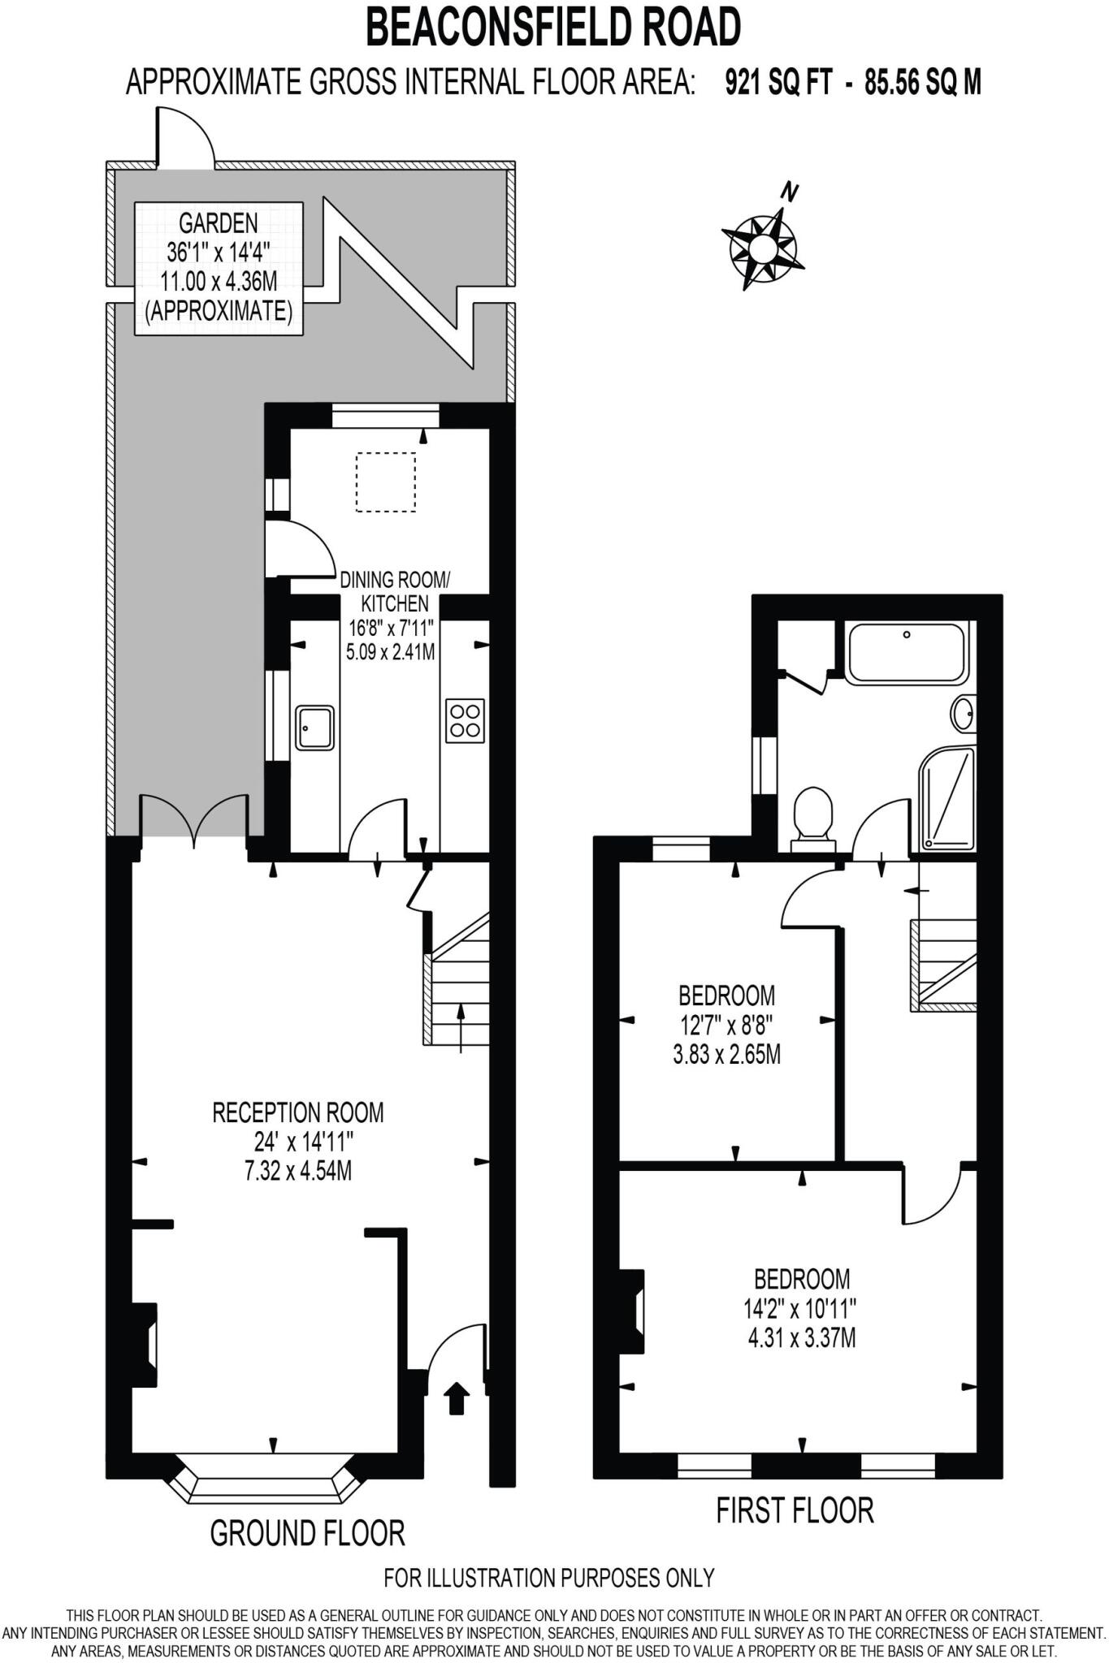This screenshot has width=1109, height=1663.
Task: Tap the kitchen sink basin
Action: [314, 727]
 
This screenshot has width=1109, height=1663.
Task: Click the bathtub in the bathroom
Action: [907, 651]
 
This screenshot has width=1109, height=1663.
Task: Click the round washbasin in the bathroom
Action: [964, 714]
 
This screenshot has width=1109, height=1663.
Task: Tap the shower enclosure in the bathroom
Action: [947, 800]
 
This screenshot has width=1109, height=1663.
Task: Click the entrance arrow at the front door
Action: [457, 1399]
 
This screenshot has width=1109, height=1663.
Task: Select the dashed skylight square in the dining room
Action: [385, 482]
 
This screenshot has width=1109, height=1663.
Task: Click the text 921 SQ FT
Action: [778, 82]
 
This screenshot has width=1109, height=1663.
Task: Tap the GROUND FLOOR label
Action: [307, 1532]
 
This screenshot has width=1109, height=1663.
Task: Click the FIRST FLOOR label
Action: [795, 1510]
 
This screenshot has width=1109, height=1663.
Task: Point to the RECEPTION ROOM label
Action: [297, 1112]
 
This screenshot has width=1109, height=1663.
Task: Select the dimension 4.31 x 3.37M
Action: [801, 1337]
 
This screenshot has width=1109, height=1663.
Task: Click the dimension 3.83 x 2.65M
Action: [726, 1055]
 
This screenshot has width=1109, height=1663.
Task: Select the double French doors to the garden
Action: [193, 822]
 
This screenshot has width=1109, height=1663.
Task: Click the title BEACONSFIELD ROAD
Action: [553, 27]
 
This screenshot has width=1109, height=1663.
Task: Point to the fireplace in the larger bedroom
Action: [633, 1311]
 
